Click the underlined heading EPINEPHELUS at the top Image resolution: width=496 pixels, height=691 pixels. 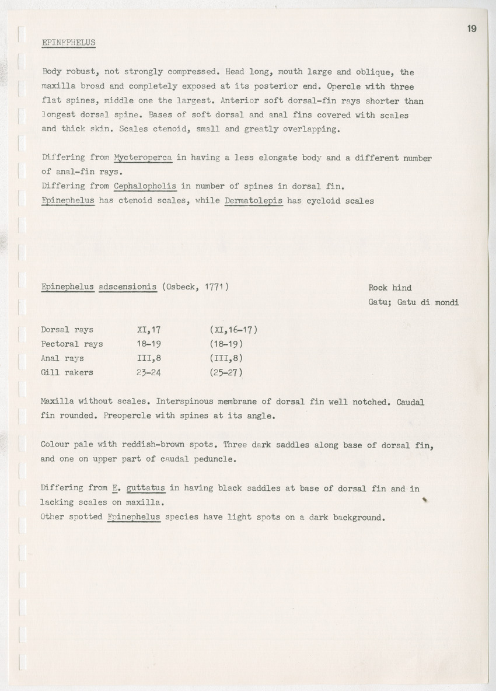[x=69, y=43]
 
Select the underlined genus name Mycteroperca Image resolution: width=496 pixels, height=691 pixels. [x=143, y=158]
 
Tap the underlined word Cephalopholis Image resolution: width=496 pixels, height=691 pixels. [x=145, y=187]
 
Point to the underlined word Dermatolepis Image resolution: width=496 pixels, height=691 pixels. [x=253, y=201]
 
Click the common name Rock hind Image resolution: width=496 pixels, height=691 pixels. [x=390, y=287]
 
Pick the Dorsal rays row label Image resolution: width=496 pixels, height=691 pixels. [x=67, y=330]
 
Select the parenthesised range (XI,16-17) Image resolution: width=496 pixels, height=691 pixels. [x=233, y=330]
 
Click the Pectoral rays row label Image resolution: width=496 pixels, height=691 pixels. [x=72, y=344]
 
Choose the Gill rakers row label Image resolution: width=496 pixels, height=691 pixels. [x=67, y=372]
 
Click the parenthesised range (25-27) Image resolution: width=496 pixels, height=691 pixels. [x=226, y=372]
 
